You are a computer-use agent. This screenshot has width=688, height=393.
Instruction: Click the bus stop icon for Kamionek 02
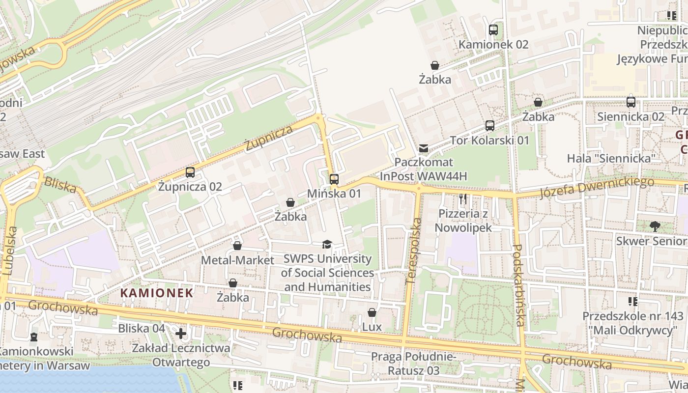click(x=493, y=30)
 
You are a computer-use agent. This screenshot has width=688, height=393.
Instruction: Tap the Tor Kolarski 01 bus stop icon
click(x=490, y=126)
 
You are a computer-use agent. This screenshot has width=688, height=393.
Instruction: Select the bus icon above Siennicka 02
click(x=631, y=102)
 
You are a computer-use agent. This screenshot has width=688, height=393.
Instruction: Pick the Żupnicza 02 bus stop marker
click(x=190, y=172)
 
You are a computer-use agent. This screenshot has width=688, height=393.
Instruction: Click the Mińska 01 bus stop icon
click(x=334, y=179)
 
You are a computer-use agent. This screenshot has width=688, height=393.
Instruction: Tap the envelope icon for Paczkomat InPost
click(x=423, y=148)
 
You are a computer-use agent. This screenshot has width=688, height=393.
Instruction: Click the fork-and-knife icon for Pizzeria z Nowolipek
click(x=462, y=199)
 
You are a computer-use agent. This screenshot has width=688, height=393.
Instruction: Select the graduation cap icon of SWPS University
click(x=327, y=244)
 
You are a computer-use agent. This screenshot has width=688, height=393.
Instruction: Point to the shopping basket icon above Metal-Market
click(x=237, y=246)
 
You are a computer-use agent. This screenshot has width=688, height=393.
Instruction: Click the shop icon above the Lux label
click(x=372, y=312)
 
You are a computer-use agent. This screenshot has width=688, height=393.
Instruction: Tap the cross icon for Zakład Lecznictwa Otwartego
click(x=181, y=334)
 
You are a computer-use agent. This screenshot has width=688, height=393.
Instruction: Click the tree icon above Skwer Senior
click(x=655, y=226)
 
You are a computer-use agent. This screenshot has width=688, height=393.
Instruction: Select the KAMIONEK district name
click(x=157, y=293)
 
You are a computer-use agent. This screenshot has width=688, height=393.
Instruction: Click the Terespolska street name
click(x=414, y=251)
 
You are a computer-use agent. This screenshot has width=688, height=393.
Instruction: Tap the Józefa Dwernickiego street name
click(x=597, y=188)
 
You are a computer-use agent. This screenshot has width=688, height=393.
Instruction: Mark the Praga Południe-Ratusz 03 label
click(x=414, y=363)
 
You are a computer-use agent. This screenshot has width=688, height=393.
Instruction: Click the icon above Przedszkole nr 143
click(x=633, y=301)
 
